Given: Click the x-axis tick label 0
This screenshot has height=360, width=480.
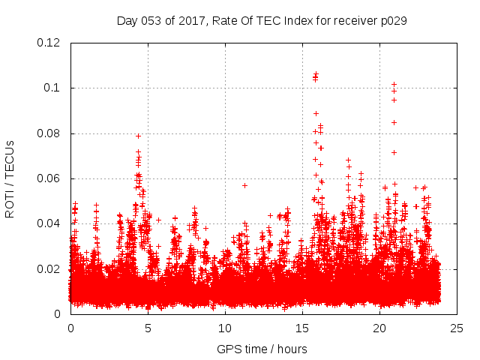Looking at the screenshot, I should tap(70, 328).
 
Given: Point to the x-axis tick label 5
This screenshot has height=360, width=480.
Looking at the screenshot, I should tap(148, 328).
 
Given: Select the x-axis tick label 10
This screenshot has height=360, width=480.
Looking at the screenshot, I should tap(225, 328).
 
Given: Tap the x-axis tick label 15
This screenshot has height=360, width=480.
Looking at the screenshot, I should tap(302, 328).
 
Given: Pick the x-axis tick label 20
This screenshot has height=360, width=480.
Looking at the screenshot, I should tap(379, 328).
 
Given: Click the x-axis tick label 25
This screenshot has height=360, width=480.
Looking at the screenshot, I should tap(457, 328).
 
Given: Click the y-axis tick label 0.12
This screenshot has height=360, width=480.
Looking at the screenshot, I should tap(49, 43).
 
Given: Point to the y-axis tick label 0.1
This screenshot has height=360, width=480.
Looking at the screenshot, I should tap(52, 88).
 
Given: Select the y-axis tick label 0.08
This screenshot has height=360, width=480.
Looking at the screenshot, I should tap(49, 133).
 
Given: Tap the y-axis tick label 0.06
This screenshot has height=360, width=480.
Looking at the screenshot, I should tap(49, 178).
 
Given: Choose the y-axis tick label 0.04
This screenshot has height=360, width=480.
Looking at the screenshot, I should tap(49, 223).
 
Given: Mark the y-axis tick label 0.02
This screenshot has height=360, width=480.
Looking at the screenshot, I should tap(49, 268).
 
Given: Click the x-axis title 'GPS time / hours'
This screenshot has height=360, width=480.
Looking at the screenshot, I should tap(262, 349).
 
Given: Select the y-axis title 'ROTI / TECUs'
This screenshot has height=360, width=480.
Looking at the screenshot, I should tap(10, 178).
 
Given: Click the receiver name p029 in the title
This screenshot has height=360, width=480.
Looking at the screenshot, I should tap(392, 21).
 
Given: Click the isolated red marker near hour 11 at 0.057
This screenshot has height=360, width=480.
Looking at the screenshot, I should tap(244, 185).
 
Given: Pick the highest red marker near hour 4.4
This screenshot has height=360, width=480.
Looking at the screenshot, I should tap(138, 136).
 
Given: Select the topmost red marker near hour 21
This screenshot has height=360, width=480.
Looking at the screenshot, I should tap(394, 85).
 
